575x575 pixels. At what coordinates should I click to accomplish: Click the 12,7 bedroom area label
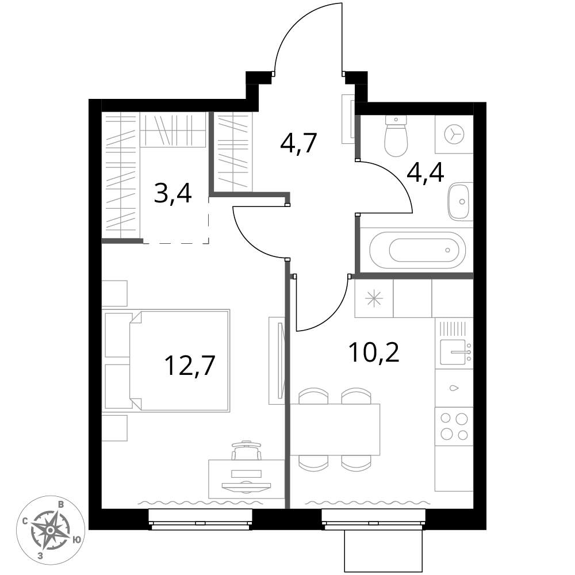point(190,365)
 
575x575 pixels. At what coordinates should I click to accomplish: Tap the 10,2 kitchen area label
point(374,352)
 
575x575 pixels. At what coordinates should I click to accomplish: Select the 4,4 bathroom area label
point(425,173)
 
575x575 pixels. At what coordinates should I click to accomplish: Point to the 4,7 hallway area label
point(298,143)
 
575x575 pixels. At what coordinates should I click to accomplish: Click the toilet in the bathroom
point(396,136)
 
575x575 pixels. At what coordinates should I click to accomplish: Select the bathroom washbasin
point(458,202)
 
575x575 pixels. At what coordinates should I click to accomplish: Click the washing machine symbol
point(454,134)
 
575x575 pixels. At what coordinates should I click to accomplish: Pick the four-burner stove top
point(454,426)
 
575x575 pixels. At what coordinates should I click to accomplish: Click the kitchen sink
point(454,351)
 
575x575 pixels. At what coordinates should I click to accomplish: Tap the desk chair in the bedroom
point(247,450)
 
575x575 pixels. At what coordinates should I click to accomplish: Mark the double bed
point(167,360)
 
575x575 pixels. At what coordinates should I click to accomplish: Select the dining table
point(335,430)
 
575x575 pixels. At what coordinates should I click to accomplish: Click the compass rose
point(51,530)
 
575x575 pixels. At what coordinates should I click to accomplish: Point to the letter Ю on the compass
point(76,540)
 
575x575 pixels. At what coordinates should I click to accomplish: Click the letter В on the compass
point(62,505)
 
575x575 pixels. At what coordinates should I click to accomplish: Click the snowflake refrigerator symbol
point(374,298)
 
